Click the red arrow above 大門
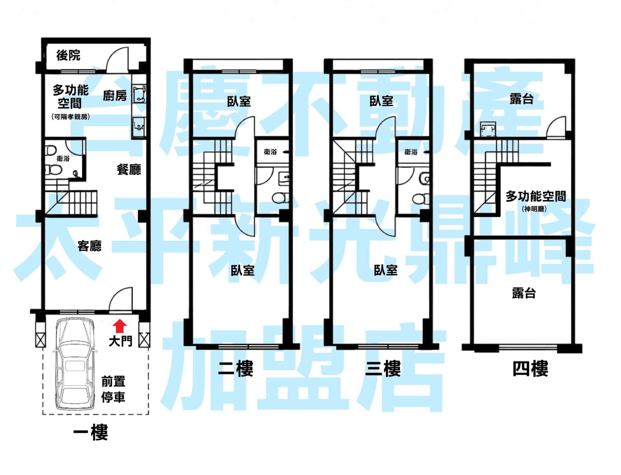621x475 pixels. (120, 326)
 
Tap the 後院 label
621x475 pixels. (68, 55)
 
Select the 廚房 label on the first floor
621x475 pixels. (115, 95)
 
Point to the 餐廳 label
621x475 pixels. (129, 169)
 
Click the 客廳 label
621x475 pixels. (90, 246)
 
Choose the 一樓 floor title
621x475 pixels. (91, 432)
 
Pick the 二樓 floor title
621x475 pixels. (236, 369)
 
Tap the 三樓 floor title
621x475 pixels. (383, 369)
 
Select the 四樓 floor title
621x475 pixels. (530, 369)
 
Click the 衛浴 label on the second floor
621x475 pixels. (270, 152)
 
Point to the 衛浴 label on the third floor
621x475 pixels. (411, 152)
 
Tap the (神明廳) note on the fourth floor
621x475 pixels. (534, 209)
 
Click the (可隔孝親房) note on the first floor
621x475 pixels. (71, 117)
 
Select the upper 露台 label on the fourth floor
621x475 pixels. (522, 99)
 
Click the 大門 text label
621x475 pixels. (120, 341)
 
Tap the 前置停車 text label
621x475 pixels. (113, 389)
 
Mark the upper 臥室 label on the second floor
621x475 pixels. (239, 101)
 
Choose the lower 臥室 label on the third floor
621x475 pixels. (386, 270)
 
